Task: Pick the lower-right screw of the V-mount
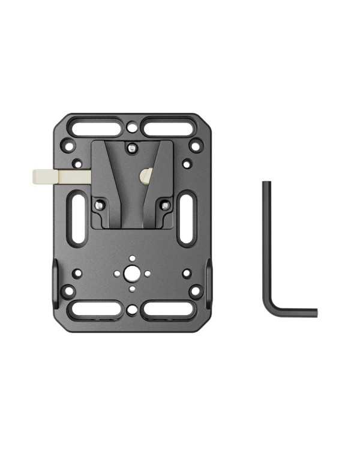165,206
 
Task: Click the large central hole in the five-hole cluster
132,273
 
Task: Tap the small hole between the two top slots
132,127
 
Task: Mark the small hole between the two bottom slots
132,310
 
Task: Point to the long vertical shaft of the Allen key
266,240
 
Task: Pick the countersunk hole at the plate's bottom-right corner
195,292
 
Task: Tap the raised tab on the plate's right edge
209,276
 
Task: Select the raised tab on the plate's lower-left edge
55,276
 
